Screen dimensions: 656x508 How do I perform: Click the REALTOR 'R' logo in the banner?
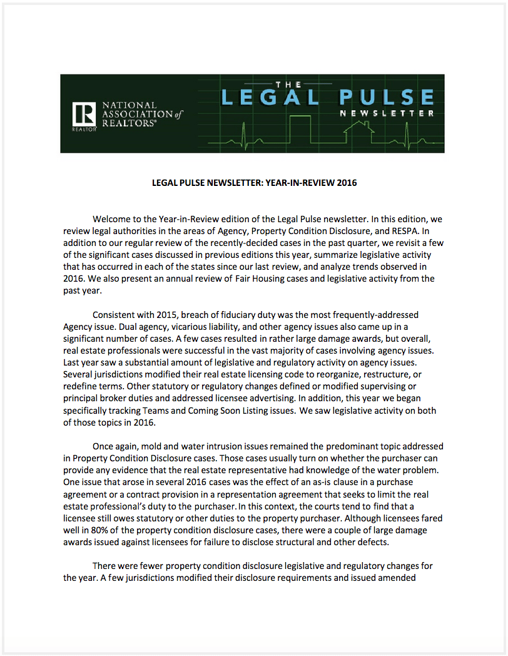pyautogui.click(x=84, y=114)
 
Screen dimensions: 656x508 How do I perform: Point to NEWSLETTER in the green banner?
pyautogui.click(x=387, y=113)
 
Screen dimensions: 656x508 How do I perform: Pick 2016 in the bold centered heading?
pyautogui.click(x=346, y=183)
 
